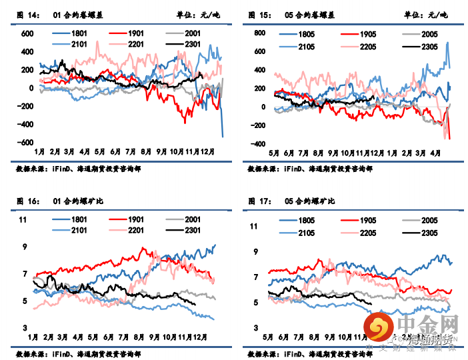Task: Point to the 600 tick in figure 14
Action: tap(27, 33)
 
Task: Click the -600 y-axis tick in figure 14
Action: tap(25, 143)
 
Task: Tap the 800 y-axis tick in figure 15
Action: tap(260, 31)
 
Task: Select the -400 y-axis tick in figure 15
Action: tap(258, 145)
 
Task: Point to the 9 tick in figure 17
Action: tap(254, 251)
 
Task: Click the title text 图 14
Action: tap(26, 15)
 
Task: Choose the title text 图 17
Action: tap(259, 201)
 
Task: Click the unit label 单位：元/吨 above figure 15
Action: tap(427, 15)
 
